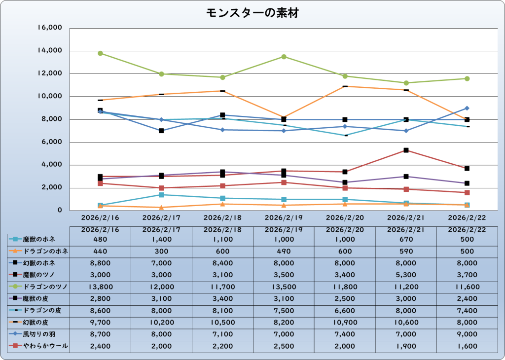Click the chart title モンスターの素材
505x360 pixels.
coord(252,13)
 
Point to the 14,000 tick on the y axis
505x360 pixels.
coord(50,50)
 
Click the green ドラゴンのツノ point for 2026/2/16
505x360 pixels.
coord(100,53)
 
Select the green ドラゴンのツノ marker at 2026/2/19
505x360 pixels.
coord(284,57)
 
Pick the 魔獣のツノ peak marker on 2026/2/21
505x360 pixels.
coord(406,150)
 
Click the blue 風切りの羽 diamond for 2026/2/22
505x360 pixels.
coord(467,108)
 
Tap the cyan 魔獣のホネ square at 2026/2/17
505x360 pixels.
coord(161,195)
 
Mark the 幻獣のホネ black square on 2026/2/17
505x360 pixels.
coord(161,131)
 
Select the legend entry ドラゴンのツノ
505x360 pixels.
coord(39,287)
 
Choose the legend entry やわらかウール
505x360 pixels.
coord(39,346)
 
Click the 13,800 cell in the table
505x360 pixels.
coord(100,287)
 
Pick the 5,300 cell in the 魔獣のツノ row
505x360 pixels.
coord(406,275)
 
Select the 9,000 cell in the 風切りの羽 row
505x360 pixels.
coord(467,334)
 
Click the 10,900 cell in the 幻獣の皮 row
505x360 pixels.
coord(345,323)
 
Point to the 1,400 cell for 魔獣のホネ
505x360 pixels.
coord(161,239)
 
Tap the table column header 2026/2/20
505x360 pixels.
coord(345,229)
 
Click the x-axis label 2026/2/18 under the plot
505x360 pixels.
coord(222,217)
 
